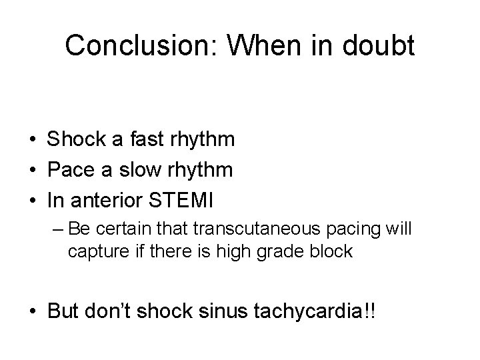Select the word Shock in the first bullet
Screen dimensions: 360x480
71,139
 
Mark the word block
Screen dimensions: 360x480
331,253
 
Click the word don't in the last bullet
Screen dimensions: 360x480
112,313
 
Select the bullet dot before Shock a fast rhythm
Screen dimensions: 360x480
32,140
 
